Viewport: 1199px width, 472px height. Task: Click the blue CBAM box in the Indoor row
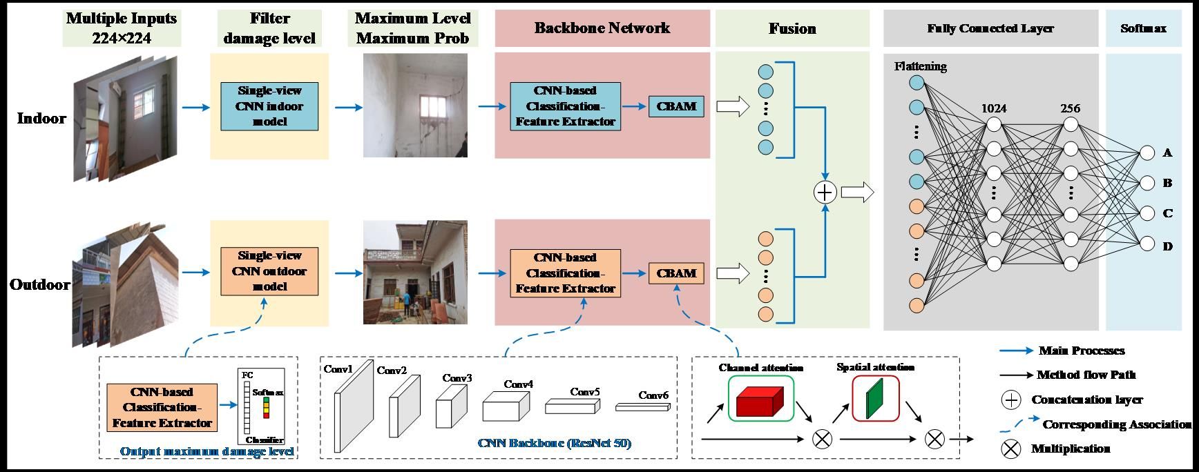pos(676,106)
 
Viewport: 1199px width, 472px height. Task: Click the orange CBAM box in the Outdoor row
pos(676,273)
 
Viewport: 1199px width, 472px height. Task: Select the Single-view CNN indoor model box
pos(269,106)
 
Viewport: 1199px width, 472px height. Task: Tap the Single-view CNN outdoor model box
pos(269,271)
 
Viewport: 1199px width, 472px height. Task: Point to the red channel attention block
pos(759,401)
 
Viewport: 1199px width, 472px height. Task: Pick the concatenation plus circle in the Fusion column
pos(825,192)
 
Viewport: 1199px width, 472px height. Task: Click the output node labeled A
pos(1147,153)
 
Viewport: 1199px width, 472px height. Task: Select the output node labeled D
pos(1147,244)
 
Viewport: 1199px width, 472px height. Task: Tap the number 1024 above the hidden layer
pos(994,108)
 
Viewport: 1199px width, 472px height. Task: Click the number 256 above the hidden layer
pos(1071,108)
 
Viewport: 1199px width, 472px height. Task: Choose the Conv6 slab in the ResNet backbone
pos(642,407)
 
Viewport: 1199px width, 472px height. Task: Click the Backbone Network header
pos(602,28)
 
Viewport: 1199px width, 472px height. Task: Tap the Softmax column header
pos(1143,28)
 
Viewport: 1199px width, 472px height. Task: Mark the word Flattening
pos(920,66)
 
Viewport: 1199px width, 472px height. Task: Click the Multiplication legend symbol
pos(1011,449)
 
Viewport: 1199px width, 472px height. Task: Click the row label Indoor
pos(41,118)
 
